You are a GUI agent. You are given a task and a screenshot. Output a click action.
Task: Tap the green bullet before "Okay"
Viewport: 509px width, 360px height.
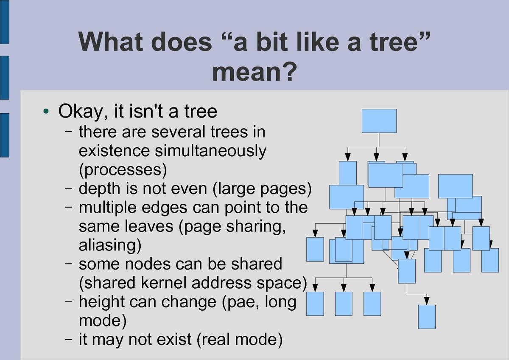(46, 111)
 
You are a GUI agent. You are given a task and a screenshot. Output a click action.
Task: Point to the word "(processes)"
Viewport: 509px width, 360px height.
(123, 170)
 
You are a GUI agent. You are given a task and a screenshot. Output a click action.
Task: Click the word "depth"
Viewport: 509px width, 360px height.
(99, 189)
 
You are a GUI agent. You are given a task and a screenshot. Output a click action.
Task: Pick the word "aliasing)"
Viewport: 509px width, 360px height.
(110, 245)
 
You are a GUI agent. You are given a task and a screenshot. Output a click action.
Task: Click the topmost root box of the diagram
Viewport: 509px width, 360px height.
(379, 121)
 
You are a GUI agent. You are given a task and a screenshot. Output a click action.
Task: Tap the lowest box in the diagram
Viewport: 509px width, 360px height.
(427, 317)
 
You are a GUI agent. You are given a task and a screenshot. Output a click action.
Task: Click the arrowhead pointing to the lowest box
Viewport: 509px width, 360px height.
(427, 301)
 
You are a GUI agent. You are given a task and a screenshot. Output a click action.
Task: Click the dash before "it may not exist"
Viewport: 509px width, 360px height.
(68, 339)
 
